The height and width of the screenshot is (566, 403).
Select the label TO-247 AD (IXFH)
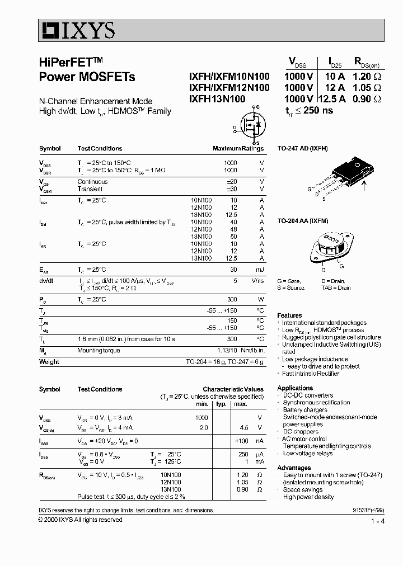click(303, 149)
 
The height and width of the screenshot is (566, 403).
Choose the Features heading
click(289, 315)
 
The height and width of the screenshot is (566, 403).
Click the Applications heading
click(295, 388)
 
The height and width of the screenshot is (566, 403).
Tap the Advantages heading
click(294, 468)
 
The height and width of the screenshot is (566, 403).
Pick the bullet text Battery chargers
click(305, 410)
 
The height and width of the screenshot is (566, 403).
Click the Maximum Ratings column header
click(238, 149)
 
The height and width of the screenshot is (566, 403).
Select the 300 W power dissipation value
click(231, 299)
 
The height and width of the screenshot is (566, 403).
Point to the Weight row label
click(49, 362)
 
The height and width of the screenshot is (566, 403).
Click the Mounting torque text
click(99, 351)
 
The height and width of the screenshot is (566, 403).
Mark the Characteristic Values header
click(233, 389)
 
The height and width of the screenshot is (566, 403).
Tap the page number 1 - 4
click(377, 521)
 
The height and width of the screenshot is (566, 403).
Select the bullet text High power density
click(308, 497)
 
